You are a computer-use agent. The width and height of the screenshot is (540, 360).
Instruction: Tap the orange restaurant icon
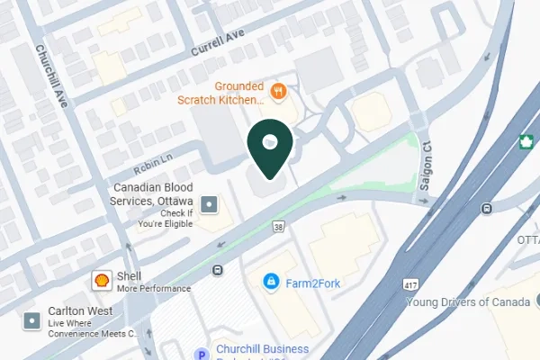(x=279, y=90)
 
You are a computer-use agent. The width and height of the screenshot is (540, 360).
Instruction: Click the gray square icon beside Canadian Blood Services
(x=210, y=205)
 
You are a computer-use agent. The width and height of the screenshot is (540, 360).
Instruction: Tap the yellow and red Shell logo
(x=103, y=281)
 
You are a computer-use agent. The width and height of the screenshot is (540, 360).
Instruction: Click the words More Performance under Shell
(x=153, y=289)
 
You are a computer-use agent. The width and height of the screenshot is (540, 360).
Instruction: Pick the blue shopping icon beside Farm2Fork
(x=269, y=282)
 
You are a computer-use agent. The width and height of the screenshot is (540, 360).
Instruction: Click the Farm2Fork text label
(x=310, y=283)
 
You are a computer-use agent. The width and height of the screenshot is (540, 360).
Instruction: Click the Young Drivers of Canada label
(x=469, y=301)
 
